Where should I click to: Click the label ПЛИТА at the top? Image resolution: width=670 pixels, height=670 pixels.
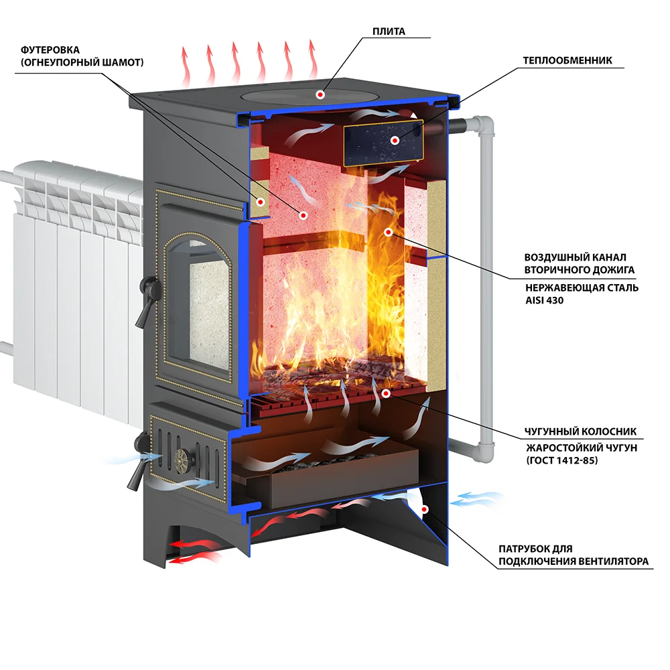[389, 31]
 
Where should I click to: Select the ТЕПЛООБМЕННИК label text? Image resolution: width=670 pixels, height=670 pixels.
[567, 61]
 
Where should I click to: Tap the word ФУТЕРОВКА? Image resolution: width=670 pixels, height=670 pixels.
[50, 50]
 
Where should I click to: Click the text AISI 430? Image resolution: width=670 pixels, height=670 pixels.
[544, 300]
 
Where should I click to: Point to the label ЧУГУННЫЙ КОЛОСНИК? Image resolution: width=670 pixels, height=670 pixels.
[580, 431]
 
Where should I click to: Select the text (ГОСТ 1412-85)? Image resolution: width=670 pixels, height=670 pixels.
[562, 460]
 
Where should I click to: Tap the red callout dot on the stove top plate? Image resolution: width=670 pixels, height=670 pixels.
[320, 94]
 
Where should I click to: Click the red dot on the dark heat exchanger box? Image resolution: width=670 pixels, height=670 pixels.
[395, 140]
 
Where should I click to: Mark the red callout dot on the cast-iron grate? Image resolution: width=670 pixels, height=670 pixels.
[385, 393]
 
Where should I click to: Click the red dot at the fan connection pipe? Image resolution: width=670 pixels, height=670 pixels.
[424, 509]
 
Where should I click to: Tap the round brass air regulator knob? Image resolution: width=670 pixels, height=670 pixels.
[184, 460]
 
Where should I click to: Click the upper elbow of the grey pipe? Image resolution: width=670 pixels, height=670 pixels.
[483, 125]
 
